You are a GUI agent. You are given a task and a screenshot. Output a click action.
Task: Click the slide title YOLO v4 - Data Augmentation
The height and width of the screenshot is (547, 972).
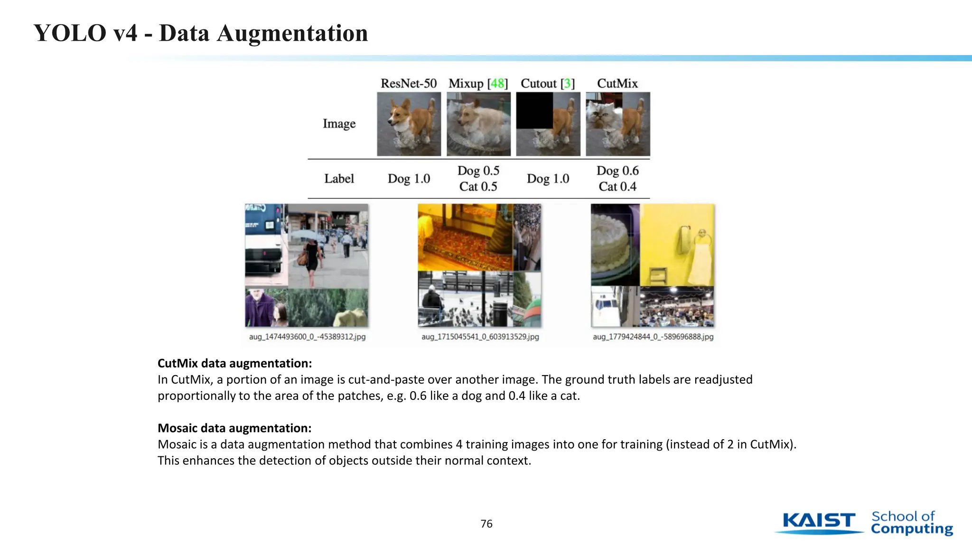click(201, 33)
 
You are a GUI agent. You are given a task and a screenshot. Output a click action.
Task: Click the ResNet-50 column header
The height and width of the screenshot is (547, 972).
click(408, 84)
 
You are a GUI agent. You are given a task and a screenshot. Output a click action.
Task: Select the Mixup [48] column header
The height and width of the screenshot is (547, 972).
click(478, 84)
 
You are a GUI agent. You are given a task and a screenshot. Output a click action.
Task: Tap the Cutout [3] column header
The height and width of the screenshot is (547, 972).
click(548, 84)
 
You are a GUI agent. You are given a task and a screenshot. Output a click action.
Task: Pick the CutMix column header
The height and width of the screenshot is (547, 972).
click(617, 84)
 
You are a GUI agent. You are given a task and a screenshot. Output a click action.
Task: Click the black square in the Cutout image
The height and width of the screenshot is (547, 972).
click(534, 111)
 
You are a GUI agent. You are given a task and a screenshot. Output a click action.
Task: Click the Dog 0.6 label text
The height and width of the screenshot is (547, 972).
click(617, 170)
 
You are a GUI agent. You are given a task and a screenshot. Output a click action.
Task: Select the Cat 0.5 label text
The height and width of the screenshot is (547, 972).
click(478, 187)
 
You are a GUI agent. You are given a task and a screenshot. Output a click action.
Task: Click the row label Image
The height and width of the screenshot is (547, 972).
click(339, 123)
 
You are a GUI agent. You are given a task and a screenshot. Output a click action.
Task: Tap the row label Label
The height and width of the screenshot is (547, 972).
click(339, 179)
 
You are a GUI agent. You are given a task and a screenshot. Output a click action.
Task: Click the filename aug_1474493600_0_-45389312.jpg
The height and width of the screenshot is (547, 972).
click(307, 337)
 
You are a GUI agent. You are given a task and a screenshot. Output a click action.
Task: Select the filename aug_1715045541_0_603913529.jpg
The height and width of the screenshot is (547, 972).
click(480, 337)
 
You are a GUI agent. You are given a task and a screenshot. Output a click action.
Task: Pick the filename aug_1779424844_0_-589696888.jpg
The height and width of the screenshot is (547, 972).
click(653, 337)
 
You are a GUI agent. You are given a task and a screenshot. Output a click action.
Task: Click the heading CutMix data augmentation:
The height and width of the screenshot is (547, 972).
click(234, 363)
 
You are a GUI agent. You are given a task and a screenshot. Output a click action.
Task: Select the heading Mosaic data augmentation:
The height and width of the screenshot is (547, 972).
click(234, 428)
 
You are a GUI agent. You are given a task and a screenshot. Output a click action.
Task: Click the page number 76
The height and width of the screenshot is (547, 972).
click(486, 524)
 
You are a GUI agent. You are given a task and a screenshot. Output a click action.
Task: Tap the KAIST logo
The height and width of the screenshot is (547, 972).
click(819, 522)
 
